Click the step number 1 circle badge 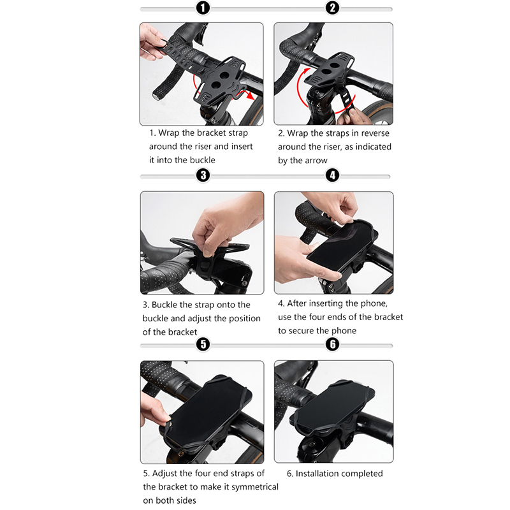(203, 8)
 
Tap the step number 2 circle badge (332, 8)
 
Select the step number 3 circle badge (203, 175)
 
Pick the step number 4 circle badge (332, 175)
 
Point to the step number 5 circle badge (203, 344)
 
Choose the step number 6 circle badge (332, 344)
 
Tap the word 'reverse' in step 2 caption (375, 133)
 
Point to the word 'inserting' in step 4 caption (326, 304)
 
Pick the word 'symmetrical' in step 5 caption (255, 487)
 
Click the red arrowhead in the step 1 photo (250, 96)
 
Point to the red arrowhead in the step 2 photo (307, 72)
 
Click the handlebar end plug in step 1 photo (156, 96)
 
